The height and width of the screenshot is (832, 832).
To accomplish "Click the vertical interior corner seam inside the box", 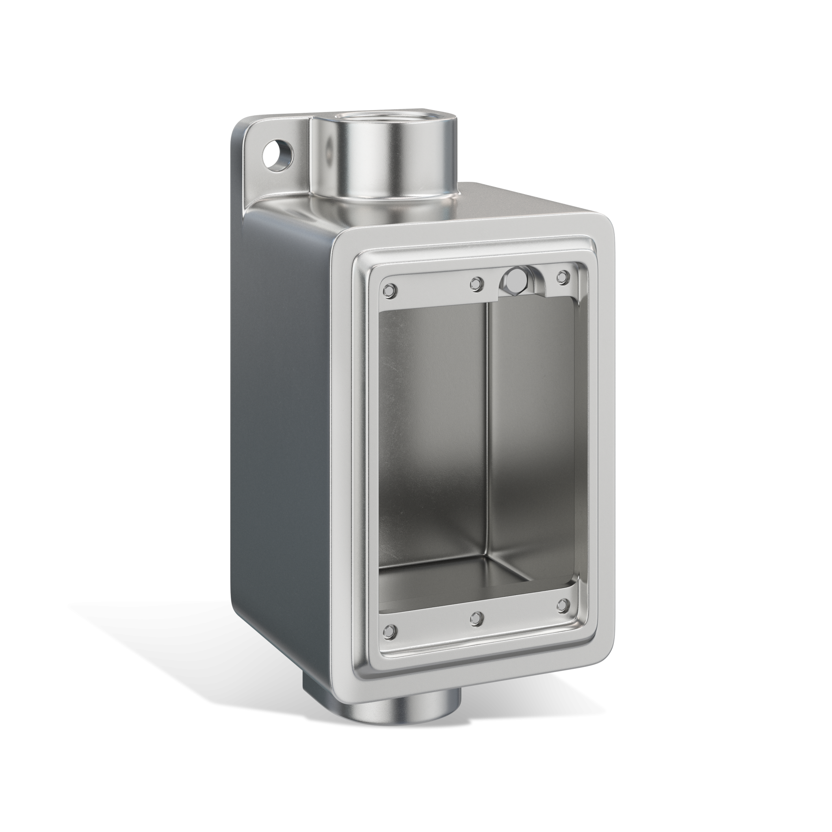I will pyautogui.click(x=488, y=431).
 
